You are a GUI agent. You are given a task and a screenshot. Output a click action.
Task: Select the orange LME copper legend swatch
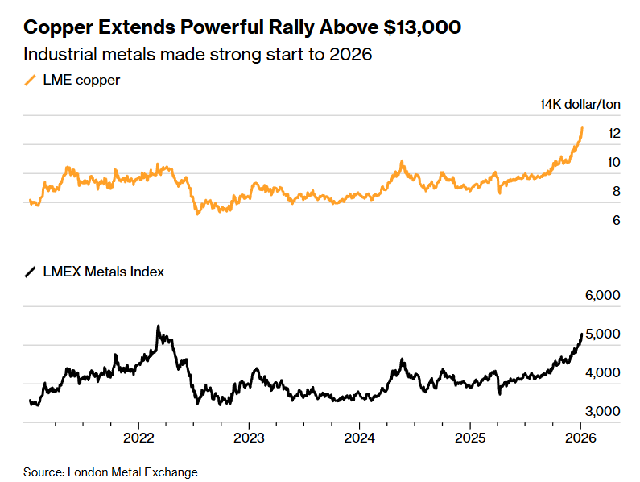[31, 79]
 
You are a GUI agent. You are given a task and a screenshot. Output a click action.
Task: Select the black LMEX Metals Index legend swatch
[31, 272]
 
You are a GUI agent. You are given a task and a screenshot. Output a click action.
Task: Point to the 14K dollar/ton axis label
[580, 105]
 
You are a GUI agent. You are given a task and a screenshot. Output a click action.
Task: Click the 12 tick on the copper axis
[613, 133]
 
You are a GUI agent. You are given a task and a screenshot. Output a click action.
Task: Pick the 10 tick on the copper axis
[613, 162]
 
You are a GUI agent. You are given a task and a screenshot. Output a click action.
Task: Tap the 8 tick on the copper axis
[616, 191]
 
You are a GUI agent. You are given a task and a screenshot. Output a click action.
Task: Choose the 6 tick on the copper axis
[616, 220]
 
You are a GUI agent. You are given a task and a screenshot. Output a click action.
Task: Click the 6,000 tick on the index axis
[602, 296]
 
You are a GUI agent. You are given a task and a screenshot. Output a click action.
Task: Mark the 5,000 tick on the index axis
[602, 334]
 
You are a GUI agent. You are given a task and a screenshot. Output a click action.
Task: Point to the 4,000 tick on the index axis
[602, 372]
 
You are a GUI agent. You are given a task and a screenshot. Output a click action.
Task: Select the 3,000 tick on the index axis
[602, 411]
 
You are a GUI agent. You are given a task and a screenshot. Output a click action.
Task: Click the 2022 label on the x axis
[139, 438]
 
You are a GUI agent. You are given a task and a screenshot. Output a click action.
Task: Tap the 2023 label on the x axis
[249, 438]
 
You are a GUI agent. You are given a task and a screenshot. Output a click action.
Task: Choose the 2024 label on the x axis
[358, 438]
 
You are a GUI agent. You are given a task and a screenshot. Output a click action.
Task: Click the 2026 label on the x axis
[580, 438]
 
